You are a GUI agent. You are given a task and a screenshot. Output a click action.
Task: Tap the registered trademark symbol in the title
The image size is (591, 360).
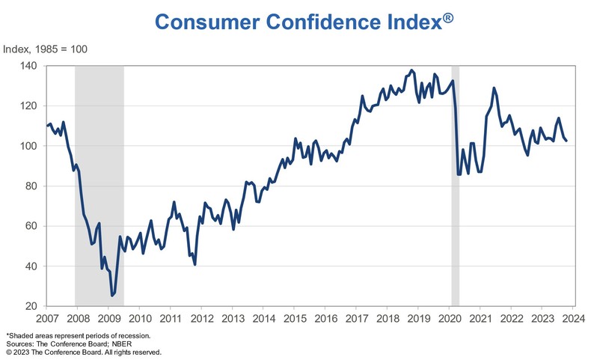(x=446, y=16)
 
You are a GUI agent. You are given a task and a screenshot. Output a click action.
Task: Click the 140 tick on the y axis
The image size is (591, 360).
(x=29, y=66)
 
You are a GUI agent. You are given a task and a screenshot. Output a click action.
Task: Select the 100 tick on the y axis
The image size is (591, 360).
(x=29, y=146)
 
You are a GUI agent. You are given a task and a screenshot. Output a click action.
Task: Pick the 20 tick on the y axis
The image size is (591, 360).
(x=32, y=306)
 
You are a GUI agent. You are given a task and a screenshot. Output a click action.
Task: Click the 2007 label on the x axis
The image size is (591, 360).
(x=46, y=317)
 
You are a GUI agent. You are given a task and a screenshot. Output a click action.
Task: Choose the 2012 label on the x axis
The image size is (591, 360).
(x=201, y=317)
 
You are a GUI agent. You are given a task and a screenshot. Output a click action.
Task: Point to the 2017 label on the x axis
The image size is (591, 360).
(x=356, y=317)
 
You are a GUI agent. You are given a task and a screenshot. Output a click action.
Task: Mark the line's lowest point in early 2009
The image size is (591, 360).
(x=112, y=296)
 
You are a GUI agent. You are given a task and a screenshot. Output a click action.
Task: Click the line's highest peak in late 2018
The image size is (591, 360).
(x=411, y=70)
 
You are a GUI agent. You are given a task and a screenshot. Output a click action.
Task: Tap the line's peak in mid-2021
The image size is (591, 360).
(x=494, y=88)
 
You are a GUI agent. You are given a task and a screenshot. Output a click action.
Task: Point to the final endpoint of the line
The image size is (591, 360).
(x=566, y=140)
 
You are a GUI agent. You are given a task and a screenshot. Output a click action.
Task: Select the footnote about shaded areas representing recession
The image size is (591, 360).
(x=79, y=335)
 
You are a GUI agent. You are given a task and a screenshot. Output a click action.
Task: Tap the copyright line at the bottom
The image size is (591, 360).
(x=83, y=351)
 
